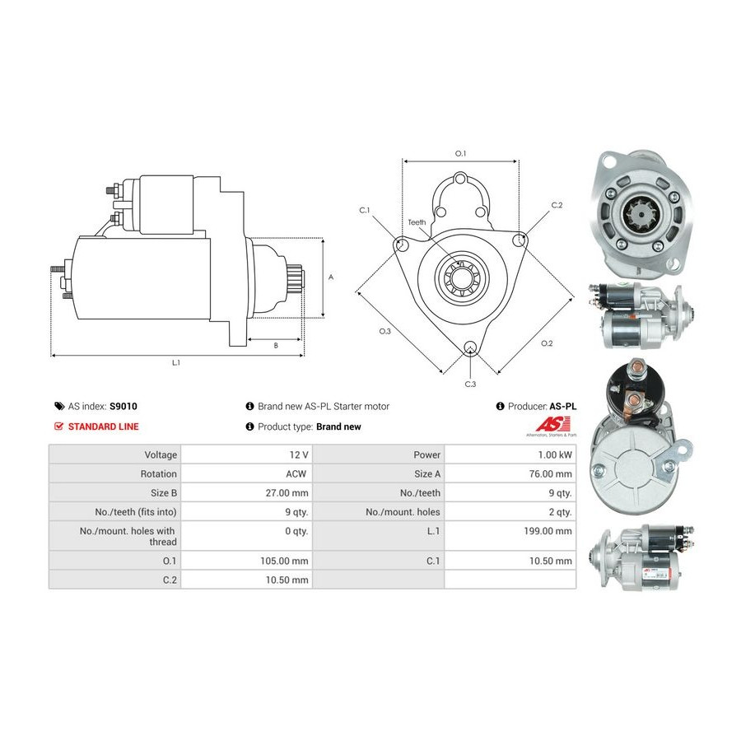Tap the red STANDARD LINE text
pos(103,426)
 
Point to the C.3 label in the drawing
pos(470,384)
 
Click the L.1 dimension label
pos(175,362)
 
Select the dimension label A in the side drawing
pos(331,277)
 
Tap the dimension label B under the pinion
pos(276,346)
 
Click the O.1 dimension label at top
pos(461,154)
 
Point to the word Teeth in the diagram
pos(417,222)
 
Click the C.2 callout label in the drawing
pos(557,205)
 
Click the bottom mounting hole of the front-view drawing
pos(470,349)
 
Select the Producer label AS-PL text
pos(563,407)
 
